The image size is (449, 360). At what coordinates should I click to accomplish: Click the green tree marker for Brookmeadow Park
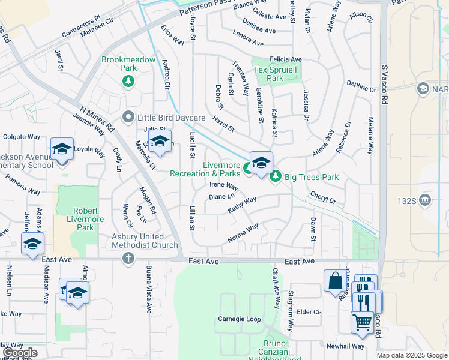(128, 81)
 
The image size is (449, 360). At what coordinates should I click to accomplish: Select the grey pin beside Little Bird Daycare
(128, 118)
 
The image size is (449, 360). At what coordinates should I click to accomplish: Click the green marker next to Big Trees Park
(276, 176)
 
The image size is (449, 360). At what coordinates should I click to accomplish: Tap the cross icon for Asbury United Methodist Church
(128, 259)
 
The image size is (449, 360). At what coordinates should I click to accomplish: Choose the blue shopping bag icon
(334, 281)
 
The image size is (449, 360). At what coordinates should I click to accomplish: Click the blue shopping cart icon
(362, 321)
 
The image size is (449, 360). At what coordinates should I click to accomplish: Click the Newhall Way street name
(345, 346)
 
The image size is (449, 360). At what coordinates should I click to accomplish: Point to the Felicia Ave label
(285, 59)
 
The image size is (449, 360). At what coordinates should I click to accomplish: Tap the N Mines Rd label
(97, 118)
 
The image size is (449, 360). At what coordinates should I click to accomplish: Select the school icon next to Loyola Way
(62, 149)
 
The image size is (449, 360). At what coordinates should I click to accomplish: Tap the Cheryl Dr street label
(322, 197)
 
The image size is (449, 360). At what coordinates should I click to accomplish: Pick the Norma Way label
(243, 234)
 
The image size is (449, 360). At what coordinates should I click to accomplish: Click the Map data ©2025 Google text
(411, 355)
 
